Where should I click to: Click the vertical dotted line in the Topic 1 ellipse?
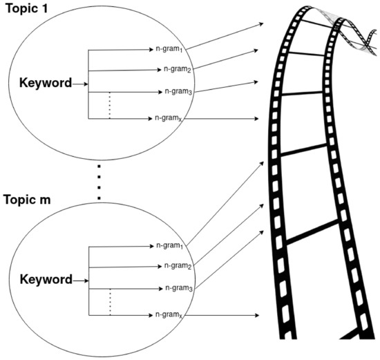[x=110, y=106]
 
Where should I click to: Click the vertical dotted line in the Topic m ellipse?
[x=110, y=302]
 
